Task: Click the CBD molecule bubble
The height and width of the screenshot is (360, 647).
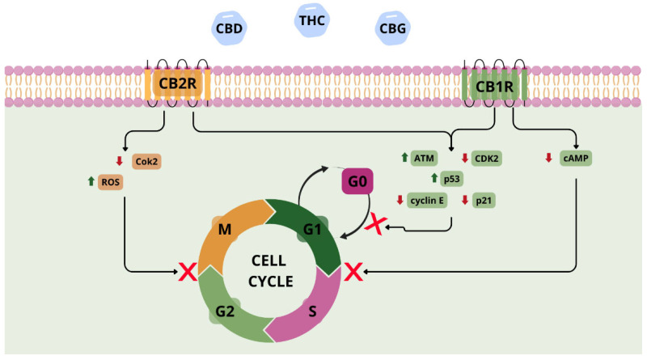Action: [x=229, y=28]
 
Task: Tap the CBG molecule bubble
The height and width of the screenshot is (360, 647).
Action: [x=393, y=28]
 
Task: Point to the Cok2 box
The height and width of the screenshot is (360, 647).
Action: [x=148, y=160]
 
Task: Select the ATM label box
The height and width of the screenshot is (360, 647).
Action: [x=425, y=159]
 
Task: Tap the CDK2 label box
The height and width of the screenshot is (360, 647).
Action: [x=485, y=159]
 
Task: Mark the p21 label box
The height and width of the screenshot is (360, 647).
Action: [x=484, y=200]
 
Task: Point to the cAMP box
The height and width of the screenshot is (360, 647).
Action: [x=576, y=159]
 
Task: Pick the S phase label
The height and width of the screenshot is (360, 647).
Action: [x=311, y=311]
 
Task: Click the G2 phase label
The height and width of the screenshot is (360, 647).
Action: [x=226, y=311]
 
